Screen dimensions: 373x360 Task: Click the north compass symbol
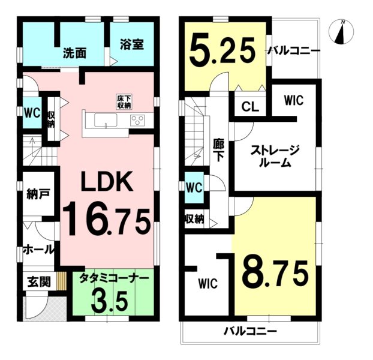coord(341,32)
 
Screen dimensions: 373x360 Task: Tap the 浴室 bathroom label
coord(131,44)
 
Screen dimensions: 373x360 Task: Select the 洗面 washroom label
coord(74,53)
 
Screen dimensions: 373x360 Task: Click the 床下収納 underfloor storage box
coord(124,101)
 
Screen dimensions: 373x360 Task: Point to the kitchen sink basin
coord(106,120)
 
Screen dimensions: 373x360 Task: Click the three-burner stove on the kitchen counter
coord(137,119)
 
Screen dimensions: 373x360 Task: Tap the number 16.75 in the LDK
coord(106,221)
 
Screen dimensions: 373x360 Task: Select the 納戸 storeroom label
coord(38,194)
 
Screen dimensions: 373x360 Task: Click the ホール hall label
coord(38,250)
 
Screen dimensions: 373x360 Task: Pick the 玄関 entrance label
coord(39,282)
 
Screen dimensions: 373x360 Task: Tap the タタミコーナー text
coord(114,278)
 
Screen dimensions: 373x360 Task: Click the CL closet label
coord(250,107)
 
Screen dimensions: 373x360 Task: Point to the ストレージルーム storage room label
coord(275,156)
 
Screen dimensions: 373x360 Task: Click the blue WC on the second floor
coord(194,188)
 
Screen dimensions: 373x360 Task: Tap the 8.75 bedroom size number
coord(274,274)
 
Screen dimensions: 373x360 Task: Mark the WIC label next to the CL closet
coord(294,100)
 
